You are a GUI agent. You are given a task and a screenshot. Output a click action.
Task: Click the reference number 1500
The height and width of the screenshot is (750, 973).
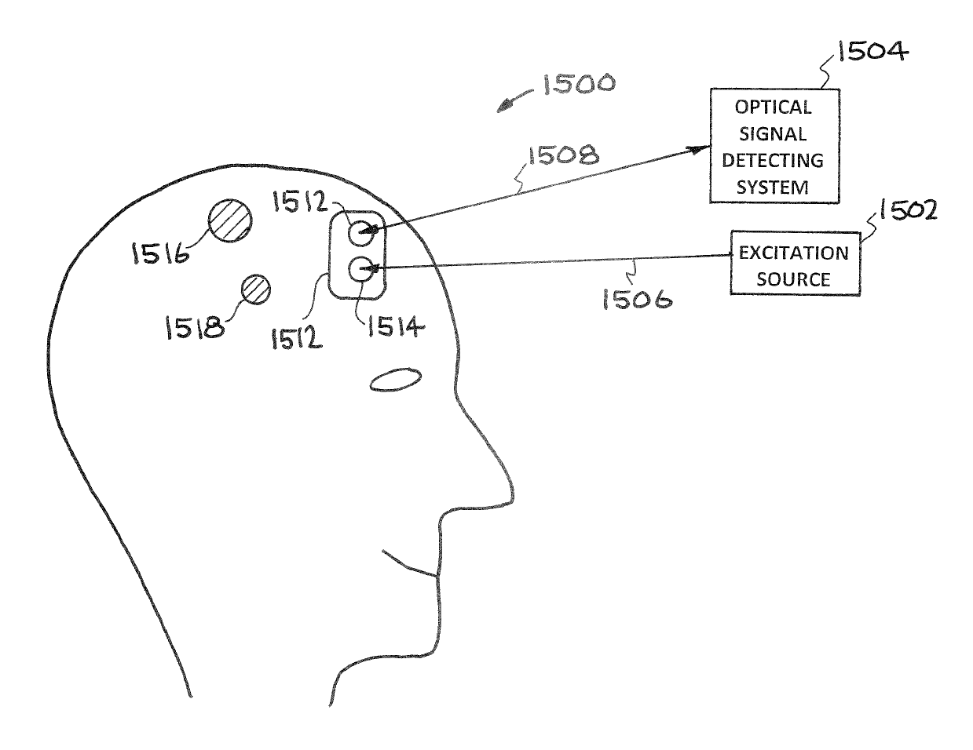[577, 85]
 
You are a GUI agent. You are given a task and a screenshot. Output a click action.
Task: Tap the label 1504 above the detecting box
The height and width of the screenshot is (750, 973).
[873, 53]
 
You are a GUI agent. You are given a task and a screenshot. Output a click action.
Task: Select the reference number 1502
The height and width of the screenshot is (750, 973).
[902, 211]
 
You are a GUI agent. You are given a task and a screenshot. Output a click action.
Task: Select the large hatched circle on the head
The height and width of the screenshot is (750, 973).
[230, 220]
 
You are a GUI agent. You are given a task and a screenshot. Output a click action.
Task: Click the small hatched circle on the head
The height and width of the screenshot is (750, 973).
[254, 289]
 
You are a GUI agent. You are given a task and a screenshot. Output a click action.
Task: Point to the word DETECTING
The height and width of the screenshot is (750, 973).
[773, 161]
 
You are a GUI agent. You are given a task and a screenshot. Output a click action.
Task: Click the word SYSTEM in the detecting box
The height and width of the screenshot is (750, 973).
[774, 187]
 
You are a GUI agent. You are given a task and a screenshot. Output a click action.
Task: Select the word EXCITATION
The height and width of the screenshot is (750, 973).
[793, 253]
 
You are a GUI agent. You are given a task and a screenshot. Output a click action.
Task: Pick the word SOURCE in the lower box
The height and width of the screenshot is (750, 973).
[794, 279]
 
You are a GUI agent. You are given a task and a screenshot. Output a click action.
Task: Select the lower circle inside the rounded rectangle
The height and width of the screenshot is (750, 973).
[360, 270]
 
